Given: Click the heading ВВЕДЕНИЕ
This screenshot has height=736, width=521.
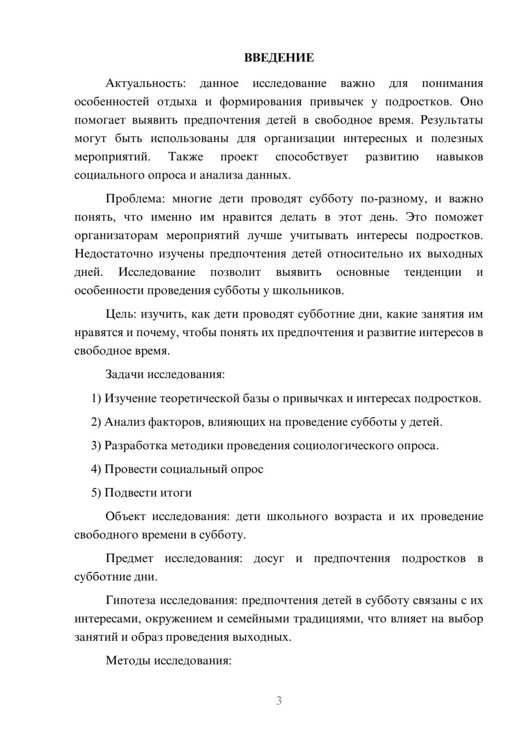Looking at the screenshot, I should click(279, 58).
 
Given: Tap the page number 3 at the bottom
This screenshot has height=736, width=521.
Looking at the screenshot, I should click(279, 701).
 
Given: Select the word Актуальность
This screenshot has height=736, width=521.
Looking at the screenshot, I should click(145, 83).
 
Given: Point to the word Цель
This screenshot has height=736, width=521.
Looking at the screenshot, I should click(120, 314).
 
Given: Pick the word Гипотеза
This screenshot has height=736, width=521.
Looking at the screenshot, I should click(130, 600).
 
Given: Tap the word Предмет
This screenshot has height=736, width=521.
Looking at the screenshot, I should click(129, 559).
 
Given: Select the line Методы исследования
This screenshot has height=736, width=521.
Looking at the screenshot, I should click(168, 661).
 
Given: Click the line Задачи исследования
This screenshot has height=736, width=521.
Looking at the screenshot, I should click(165, 374).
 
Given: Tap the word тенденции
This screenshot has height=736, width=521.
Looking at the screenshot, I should click(432, 272).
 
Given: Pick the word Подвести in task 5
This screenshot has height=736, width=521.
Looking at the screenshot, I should click(126, 492).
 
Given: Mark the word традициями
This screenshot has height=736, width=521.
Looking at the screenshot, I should click(331, 619).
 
